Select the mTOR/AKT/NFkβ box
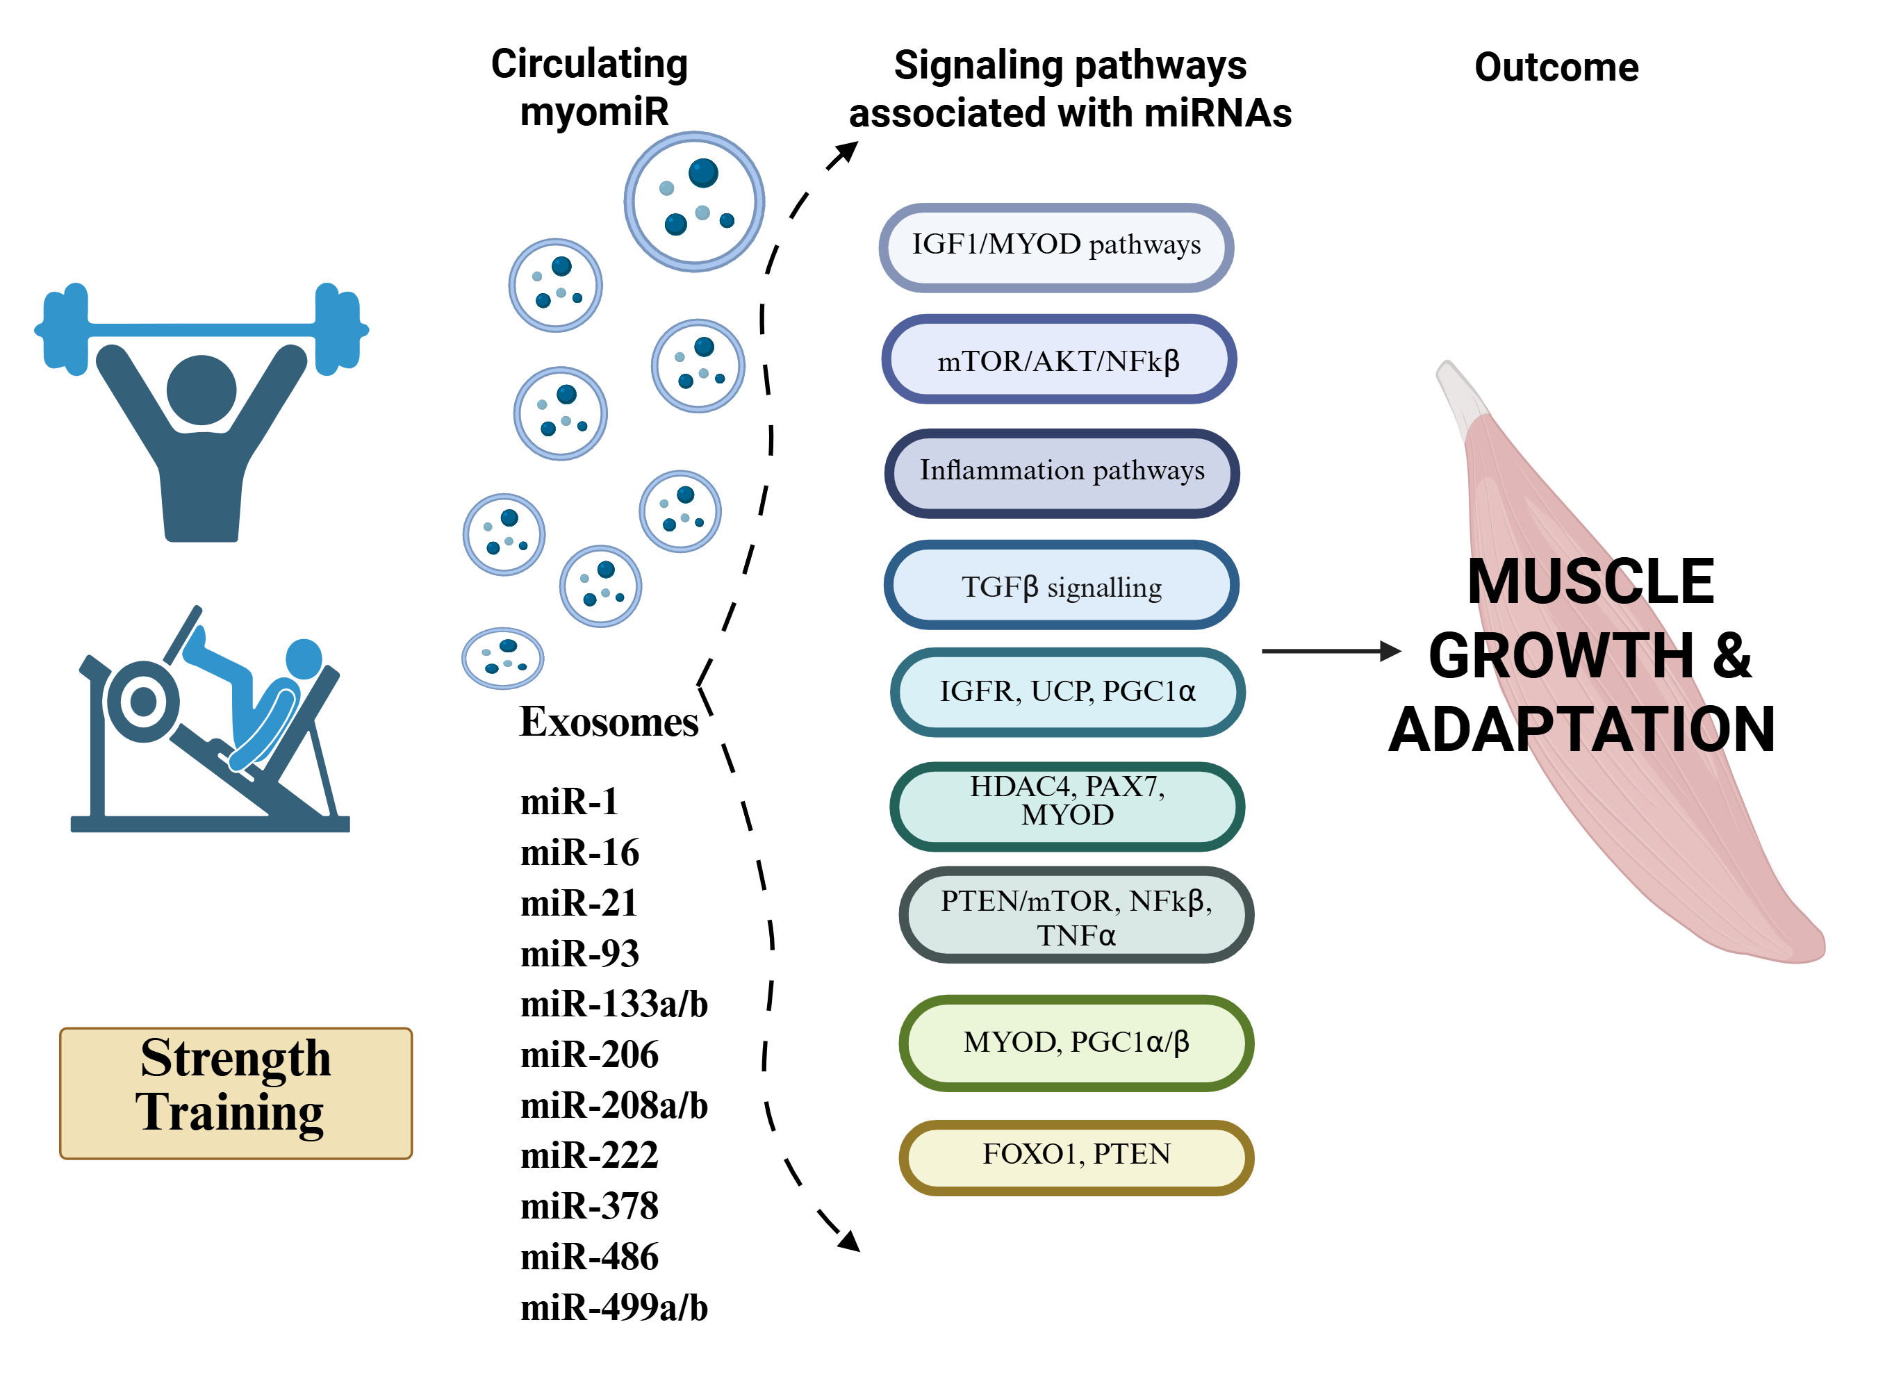(1059, 360)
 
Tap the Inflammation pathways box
(1062, 472)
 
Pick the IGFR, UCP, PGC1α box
(1068, 692)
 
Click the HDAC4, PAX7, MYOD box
(1068, 806)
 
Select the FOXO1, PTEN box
(1076, 1156)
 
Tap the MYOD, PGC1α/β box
(1076, 1043)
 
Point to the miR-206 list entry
(589, 1055)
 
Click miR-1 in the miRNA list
(569, 802)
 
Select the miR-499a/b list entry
(614, 1308)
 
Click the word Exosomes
(609, 722)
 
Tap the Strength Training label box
(236, 1093)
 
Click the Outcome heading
(1556, 67)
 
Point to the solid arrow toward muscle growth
(1331, 650)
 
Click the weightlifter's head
(201, 390)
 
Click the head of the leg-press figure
(304, 659)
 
